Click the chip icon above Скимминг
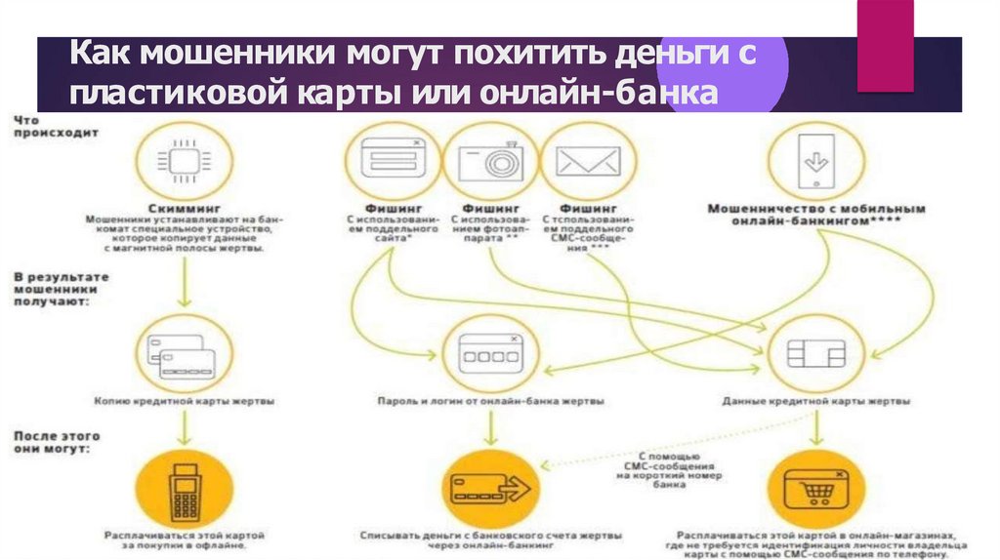click(183, 161)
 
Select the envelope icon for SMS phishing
click(588, 161)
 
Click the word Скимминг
click(183, 208)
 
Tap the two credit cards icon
click(183, 357)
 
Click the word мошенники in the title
click(195, 56)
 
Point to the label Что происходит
click(45, 126)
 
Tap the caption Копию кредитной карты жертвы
click(183, 401)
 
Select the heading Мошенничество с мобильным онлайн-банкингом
click(816, 215)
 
